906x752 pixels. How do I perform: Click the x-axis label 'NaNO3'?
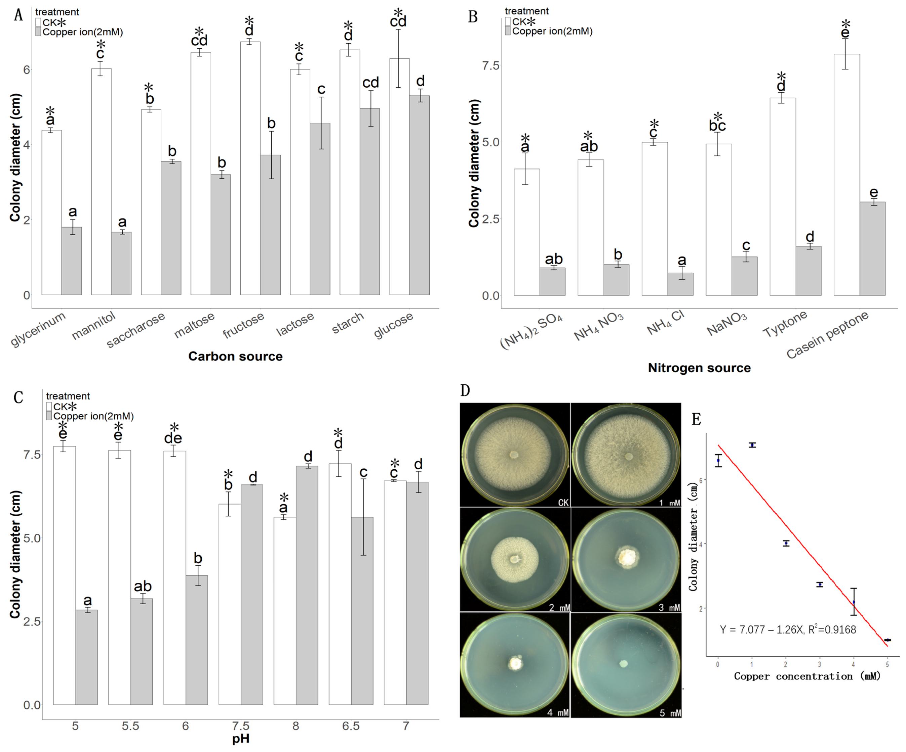(x=726, y=324)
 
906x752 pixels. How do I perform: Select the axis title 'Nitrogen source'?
(x=699, y=368)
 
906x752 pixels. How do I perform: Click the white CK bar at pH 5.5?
(x=119, y=577)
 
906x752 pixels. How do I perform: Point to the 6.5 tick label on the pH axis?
(x=351, y=726)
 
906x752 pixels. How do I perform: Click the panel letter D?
(x=465, y=390)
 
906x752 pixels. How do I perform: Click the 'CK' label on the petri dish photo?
(x=563, y=503)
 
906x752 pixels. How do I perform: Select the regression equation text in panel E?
(x=788, y=629)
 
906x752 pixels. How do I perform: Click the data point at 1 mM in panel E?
(x=752, y=445)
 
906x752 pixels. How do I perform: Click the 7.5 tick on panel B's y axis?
(x=490, y=65)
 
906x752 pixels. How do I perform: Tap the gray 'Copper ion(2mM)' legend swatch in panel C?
(x=49, y=416)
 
